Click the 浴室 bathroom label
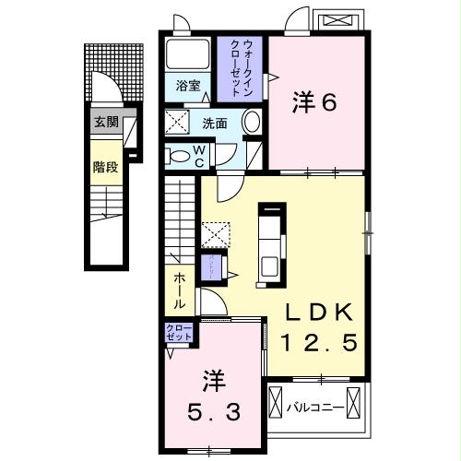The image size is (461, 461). point(188,86)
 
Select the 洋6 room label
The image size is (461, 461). point(314,100)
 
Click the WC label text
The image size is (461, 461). point(200,154)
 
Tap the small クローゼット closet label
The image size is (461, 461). point(178,333)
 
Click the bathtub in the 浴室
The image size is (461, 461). point(188,56)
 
